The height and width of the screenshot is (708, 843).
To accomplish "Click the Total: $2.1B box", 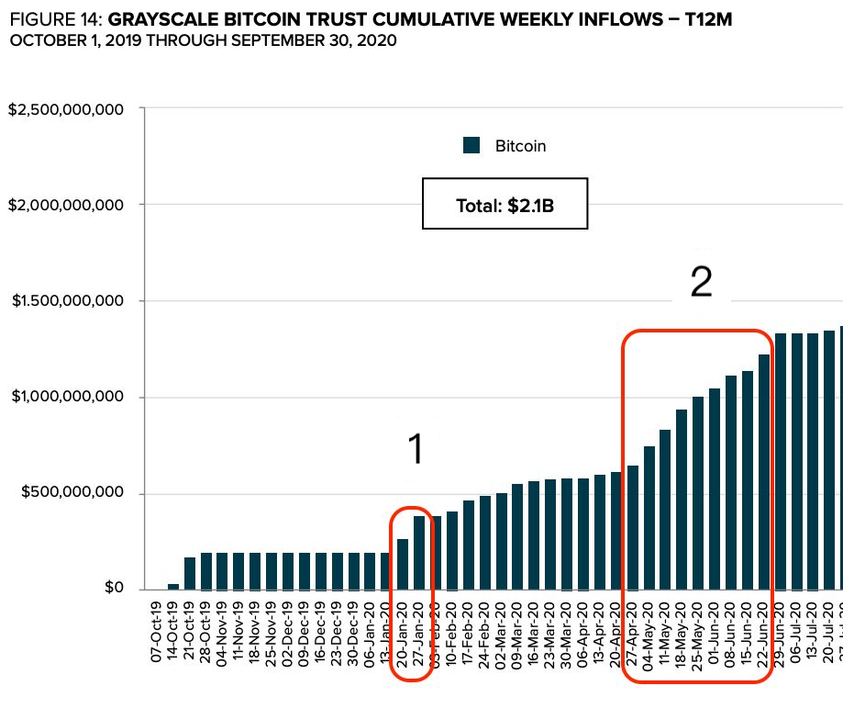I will point(505,204).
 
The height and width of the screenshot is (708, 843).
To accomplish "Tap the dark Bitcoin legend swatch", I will point(471,145).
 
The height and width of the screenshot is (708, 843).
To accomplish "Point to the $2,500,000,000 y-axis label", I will point(65,109).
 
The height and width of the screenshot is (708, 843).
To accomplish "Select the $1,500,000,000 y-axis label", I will point(65,301).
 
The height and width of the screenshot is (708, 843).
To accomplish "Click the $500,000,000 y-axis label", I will point(72,493).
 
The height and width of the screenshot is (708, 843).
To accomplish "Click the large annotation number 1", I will point(416,450).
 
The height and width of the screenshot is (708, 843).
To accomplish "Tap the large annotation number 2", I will point(701,283).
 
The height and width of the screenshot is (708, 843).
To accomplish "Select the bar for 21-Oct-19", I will point(190,572).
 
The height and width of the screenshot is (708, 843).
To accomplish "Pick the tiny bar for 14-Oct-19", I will point(173,585).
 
